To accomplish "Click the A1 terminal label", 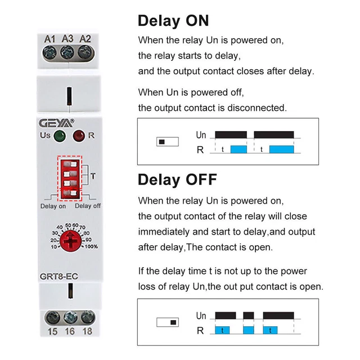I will click(49, 38).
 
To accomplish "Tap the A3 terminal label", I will click(67, 38).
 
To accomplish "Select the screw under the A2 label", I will click(85, 53).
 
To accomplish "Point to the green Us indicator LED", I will click(59, 137).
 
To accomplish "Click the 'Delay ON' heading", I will click(173, 21).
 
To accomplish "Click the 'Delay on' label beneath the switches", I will click(53, 206).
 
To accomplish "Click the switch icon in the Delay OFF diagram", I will click(166, 322).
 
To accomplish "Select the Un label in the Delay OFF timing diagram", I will click(201, 316).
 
